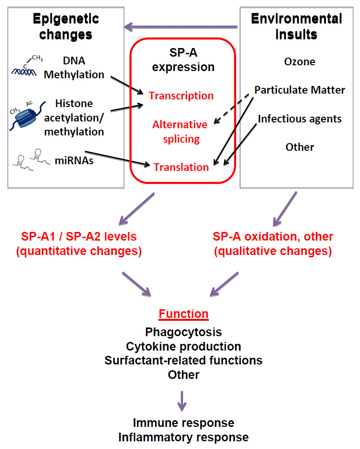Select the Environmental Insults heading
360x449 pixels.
297,26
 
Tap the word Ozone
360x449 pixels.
300,61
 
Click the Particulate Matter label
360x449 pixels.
300,90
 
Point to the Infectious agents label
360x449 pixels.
300,118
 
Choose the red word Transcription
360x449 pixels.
181,96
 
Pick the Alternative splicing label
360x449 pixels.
180,132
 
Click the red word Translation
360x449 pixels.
181,167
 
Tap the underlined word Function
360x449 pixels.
184,314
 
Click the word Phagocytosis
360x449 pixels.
183,332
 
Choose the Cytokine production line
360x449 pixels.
183,346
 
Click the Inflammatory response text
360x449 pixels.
183,437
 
